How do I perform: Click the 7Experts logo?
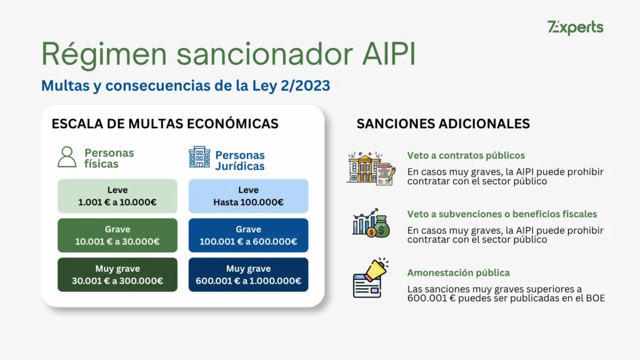pos(575,27)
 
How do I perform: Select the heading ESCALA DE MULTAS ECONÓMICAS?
pos(165,124)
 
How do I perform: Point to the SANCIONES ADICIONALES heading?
pos(442,124)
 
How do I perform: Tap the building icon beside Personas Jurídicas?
pos(199,157)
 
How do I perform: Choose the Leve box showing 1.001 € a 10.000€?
pos(117,196)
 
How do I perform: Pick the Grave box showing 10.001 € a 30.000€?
pos(117,236)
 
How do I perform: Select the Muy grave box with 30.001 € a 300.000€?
pos(117,275)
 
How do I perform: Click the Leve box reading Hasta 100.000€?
pos(248,196)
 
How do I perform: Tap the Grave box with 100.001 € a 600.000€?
pos(248,236)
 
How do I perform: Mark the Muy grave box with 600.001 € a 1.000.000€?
pos(248,275)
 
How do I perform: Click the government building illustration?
pos(370,167)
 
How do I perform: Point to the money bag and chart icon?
pos(370,223)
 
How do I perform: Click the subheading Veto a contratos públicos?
pos(466,156)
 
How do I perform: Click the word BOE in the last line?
pos(594,299)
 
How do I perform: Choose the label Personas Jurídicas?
pos(240,161)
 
